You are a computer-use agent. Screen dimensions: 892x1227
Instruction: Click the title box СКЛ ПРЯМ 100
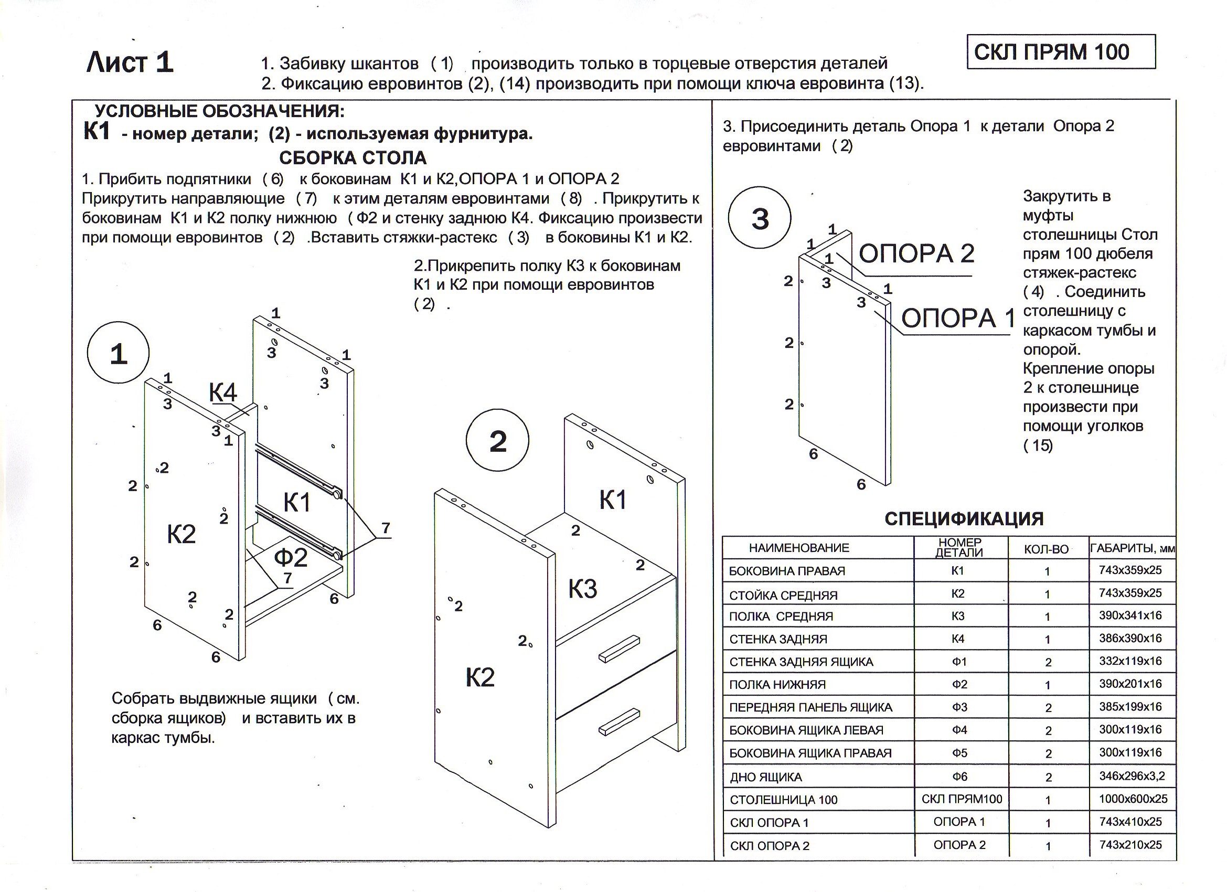[x=1060, y=52]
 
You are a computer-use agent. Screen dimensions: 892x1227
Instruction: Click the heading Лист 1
[x=130, y=62]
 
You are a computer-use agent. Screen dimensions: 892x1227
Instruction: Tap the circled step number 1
[x=118, y=354]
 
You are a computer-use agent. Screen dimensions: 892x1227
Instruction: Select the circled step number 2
[x=497, y=441]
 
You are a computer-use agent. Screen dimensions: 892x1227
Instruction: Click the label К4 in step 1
[x=223, y=392]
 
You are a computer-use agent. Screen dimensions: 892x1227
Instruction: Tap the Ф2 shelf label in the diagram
[x=291, y=557]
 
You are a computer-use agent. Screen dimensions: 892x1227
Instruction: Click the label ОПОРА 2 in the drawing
[x=916, y=253]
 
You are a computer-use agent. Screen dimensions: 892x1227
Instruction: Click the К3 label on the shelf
[x=582, y=588]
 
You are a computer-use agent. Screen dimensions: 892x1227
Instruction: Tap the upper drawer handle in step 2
[x=620, y=649]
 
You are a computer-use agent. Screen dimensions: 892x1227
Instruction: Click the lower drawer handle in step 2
[x=620, y=721]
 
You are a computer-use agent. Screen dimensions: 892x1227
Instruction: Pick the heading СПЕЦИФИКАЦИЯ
[x=964, y=518]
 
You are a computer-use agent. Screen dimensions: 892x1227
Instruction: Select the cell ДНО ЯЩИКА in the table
[x=765, y=777]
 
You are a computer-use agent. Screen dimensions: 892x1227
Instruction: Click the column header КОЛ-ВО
[x=1047, y=549]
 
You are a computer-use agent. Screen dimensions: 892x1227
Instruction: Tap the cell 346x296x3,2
[x=1132, y=776]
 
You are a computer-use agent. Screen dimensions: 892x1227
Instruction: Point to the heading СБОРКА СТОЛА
[x=353, y=157]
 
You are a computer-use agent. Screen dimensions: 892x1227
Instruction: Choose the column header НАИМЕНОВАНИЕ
[x=799, y=548]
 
